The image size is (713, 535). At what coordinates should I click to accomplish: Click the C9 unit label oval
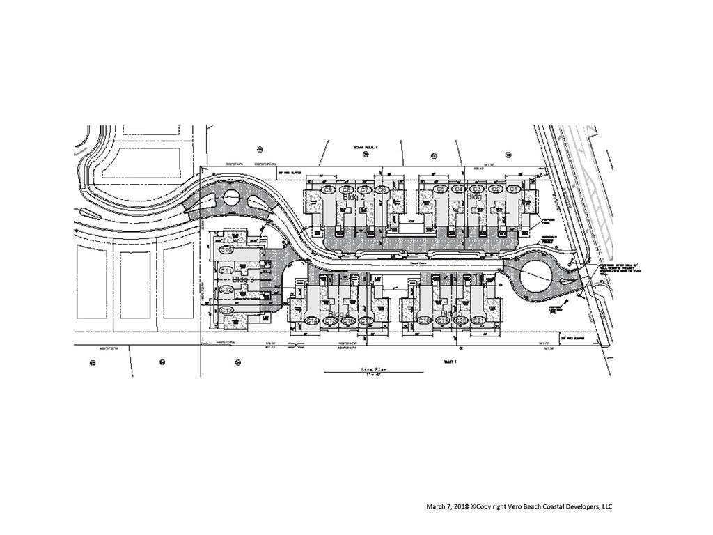pos(329,189)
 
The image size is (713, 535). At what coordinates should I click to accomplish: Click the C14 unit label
pos(313,320)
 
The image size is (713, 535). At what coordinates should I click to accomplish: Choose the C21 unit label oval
pos(478,320)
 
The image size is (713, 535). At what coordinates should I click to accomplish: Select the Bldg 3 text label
pos(244,279)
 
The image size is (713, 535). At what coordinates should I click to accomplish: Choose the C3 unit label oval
pos(477,189)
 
